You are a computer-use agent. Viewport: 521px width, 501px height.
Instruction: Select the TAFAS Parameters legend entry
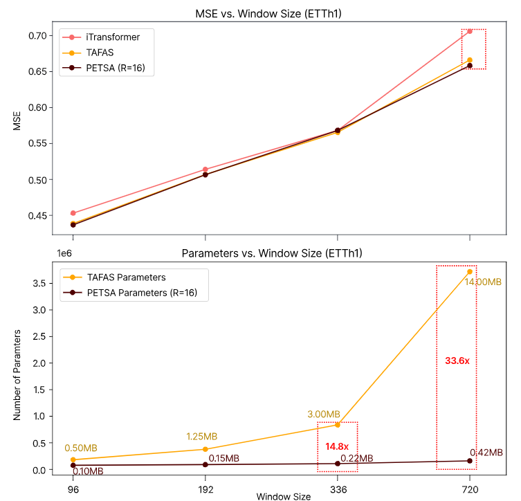pyautogui.click(x=126, y=277)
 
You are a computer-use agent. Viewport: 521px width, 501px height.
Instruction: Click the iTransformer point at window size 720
pyautogui.click(x=470, y=31)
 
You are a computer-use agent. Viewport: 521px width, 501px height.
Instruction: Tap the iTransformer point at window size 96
pyautogui.click(x=73, y=213)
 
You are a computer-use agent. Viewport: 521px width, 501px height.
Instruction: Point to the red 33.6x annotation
pyautogui.click(x=457, y=361)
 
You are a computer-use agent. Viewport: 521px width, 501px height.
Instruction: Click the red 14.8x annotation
pyautogui.click(x=337, y=446)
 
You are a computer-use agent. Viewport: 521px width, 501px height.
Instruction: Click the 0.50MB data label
pyautogui.click(x=81, y=448)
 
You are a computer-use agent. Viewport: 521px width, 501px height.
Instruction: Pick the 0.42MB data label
pyautogui.click(x=486, y=453)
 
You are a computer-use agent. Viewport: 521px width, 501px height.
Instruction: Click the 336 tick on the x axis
pyautogui.click(x=338, y=486)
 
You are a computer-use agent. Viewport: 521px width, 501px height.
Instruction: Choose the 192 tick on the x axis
pyautogui.click(x=205, y=486)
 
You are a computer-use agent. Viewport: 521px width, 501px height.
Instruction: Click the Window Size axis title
pyautogui.click(x=284, y=496)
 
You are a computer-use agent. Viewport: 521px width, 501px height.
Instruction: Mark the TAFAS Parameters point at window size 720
pyautogui.click(x=470, y=271)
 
